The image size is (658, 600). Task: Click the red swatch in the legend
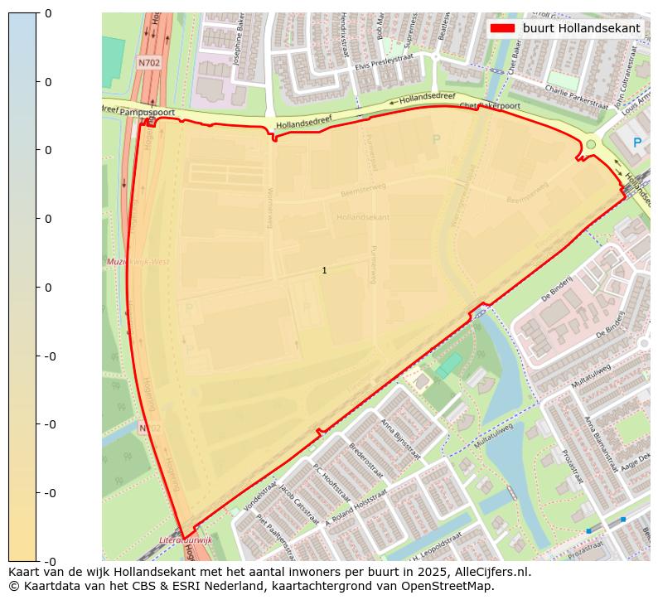pyautogui.click(x=502, y=28)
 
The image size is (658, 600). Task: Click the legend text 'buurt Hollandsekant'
pyautogui.click(x=581, y=28)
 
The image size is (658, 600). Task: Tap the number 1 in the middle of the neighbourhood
pyautogui.click(x=324, y=271)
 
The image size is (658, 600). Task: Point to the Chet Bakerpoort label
pyautogui.click(x=489, y=106)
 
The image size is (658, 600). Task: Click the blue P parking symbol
pyautogui.click(x=637, y=143)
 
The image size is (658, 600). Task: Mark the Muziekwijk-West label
pyautogui.click(x=138, y=262)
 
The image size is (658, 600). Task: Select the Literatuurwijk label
pyautogui.click(x=186, y=540)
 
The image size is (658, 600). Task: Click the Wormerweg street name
pyautogui.click(x=270, y=206)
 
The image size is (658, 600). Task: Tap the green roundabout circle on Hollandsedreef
pyautogui.click(x=591, y=145)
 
